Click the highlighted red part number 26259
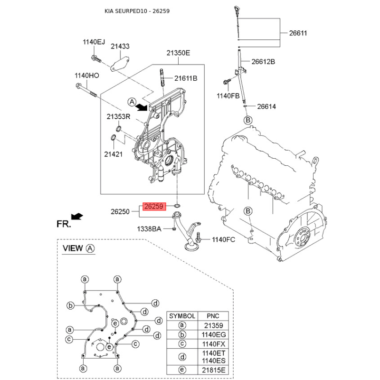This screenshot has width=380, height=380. coord(154,207)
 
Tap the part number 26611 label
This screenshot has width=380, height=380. coord(299,33)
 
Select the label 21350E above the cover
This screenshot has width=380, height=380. coord(178,53)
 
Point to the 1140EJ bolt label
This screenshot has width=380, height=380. coord(94,42)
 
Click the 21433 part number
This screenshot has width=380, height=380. coord(121,47)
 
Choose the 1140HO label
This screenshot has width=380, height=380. coord(86,75)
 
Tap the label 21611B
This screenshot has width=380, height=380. coord(185,78)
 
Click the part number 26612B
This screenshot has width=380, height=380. coord(263,62)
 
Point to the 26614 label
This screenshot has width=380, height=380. coord(266,106)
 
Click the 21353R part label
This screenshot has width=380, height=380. coord(117,116)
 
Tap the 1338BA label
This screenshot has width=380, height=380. coord(150,229)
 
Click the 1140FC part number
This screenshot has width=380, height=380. coord(223,240)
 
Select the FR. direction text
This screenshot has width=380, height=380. coord(64,224)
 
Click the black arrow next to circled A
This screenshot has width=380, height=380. coord(142,108)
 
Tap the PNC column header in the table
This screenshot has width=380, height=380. coord(211,316)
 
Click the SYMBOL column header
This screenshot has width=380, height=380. coord(182,316)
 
